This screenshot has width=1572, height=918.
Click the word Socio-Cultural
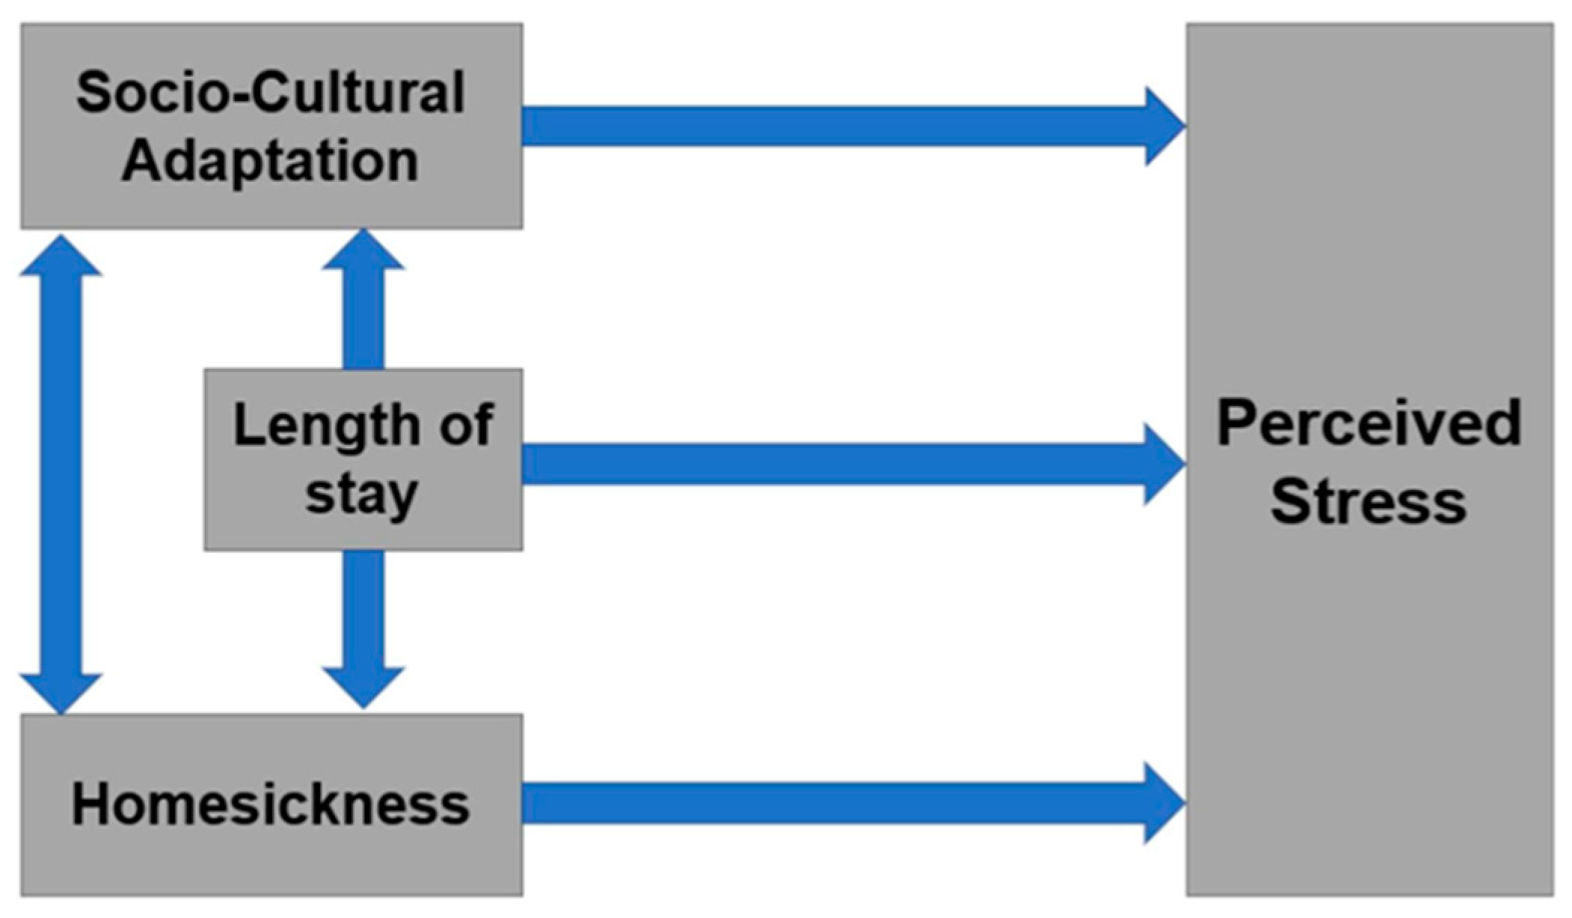[x=270, y=93]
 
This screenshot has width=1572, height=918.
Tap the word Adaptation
[x=270, y=161]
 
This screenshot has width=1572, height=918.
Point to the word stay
[x=361, y=495]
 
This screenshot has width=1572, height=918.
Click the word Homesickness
[x=270, y=805]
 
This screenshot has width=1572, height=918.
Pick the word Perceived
[x=1369, y=423]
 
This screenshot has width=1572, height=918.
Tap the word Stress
[x=1369, y=501]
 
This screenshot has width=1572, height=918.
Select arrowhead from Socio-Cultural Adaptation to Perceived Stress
[x=1164, y=126]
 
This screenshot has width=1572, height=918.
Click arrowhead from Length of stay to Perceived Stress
[x=1164, y=465]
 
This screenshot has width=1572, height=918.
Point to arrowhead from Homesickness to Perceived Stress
[x=1164, y=804]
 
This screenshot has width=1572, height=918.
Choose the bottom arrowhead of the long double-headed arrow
[x=61, y=692]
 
